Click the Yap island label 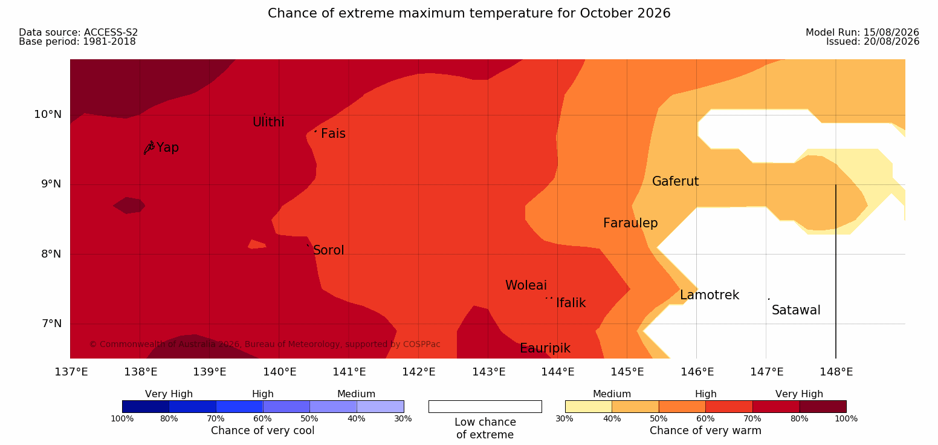click(x=167, y=148)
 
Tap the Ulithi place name click(x=268, y=122)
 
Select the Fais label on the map click(x=334, y=134)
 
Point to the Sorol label click(x=329, y=250)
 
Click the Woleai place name click(x=526, y=285)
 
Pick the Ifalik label click(x=571, y=302)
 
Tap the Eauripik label click(x=545, y=348)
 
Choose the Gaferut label click(x=676, y=181)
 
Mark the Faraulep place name click(x=630, y=223)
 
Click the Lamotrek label click(x=710, y=295)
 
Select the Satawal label click(x=796, y=310)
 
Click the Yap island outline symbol click(x=149, y=148)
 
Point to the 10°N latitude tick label click(x=48, y=114)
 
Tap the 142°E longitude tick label click(x=419, y=372)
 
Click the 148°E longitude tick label click(x=836, y=372)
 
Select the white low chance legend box click(x=485, y=406)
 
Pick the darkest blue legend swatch click(x=146, y=406)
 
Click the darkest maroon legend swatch click(x=823, y=406)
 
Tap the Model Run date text click(x=862, y=33)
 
